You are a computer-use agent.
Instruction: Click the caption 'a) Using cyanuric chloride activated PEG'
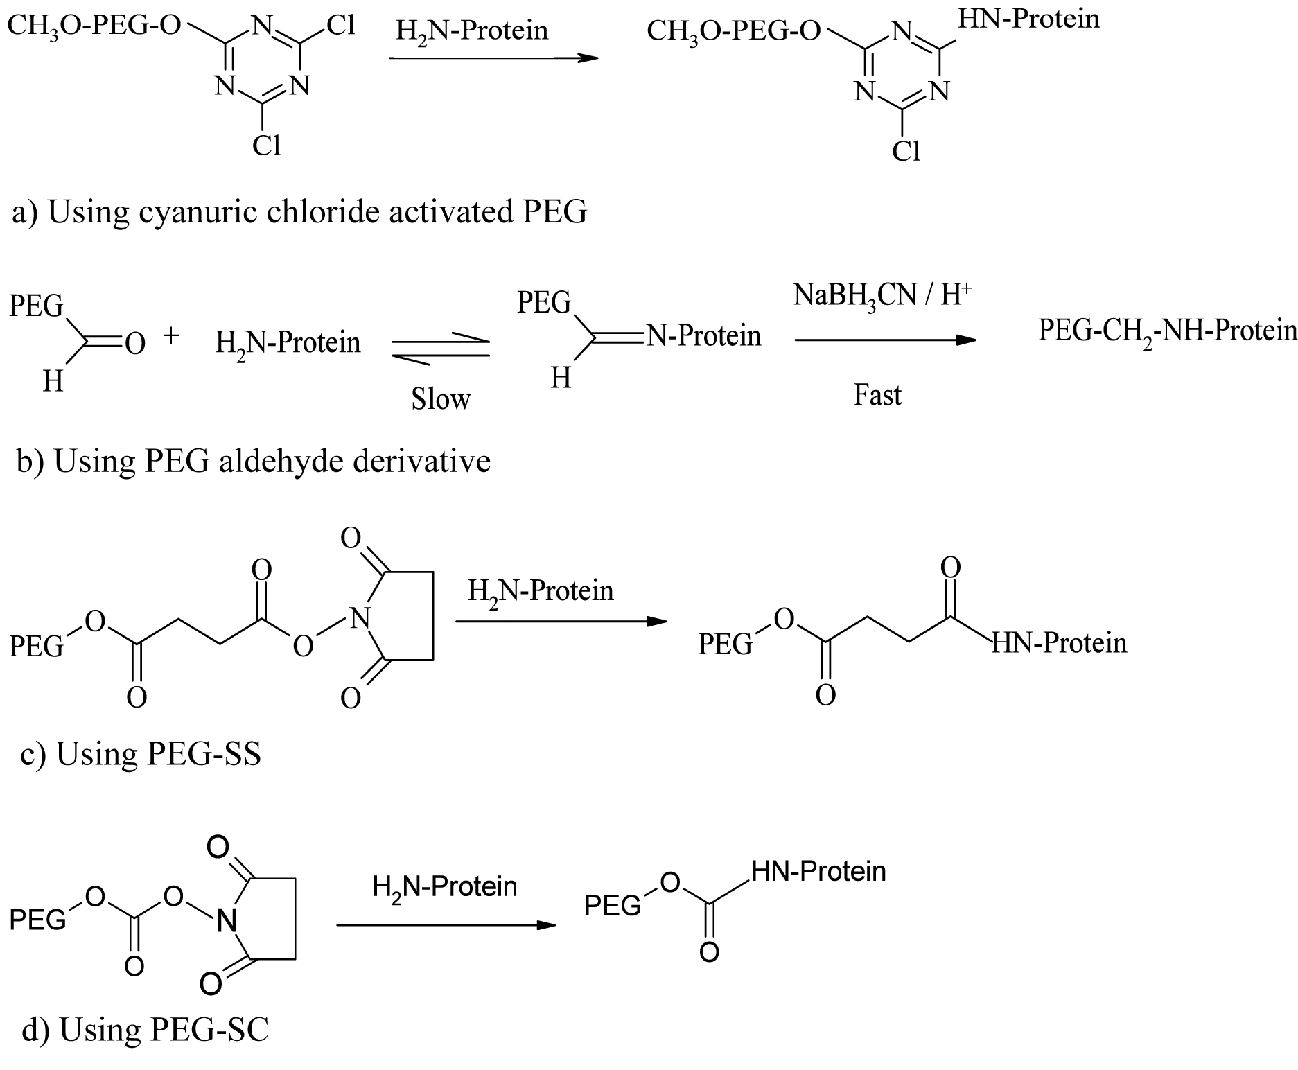click(x=299, y=212)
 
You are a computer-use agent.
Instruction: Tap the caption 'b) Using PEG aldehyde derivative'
click(x=254, y=461)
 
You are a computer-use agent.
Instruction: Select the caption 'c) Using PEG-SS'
click(x=141, y=754)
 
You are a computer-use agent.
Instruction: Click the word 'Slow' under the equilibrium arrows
click(x=441, y=398)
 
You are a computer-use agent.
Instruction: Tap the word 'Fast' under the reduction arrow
click(x=877, y=395)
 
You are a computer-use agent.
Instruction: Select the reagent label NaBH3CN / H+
click(x=882, y=296)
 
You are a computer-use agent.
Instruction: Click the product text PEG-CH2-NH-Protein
click(x=1168, y=331)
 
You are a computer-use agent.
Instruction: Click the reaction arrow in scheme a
click(x=494, y=59)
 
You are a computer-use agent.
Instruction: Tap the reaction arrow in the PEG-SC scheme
click(x=446, y=925)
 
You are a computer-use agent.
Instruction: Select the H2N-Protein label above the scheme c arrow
click(x=541, y=591)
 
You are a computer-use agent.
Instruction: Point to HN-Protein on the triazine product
click(x=1029, y=18)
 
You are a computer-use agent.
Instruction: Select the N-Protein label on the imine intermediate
click(x=703, y=335)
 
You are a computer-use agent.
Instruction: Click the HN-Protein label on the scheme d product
click(x=818, y=871)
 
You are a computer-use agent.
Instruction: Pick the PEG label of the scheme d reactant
click(x=38, y=920)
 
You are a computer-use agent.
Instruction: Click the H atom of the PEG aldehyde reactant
click(x=53, y=380)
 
